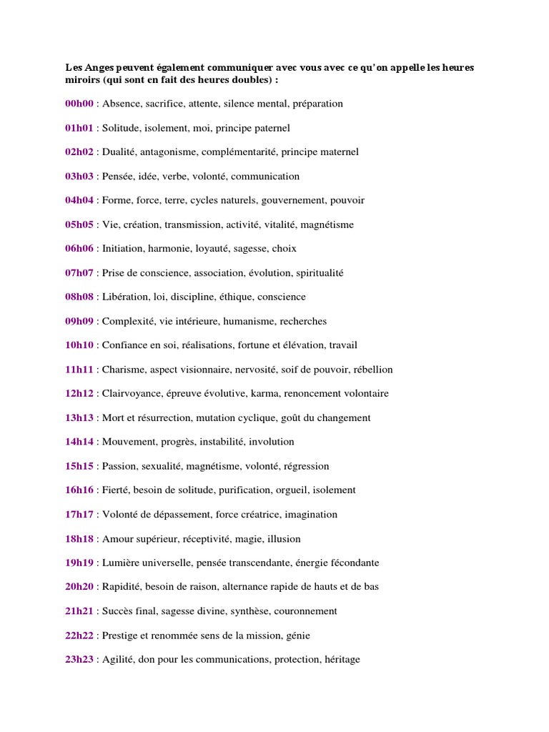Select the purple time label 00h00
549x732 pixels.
pyautogui.click(x=79, y=104)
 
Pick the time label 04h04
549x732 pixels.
pyautogui.click(x=79, y=200)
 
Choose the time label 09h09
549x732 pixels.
pyautogui.click(x=79, y=321)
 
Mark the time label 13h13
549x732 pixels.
pyautogui.click(x=79, y=418)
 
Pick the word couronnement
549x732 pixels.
pyautogui.click(x=302, y=611)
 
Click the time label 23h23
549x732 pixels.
pyautogui.click(x=79, y=660)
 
